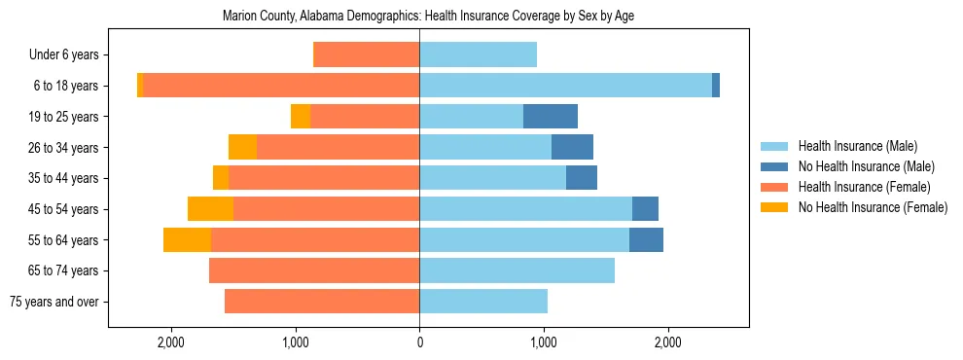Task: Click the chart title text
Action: pyautogui.click(x=428, y=17)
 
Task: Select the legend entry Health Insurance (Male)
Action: pyautogui.click(x=857, y=147)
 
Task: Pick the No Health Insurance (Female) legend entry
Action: pyautogui.click(x=873, y=207)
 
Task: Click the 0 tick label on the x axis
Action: pyautogui.click(x=419, y=342)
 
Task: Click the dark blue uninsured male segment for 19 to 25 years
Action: pyautogui.click(x=551, y=117)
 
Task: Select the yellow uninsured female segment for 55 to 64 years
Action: pyautogui.click(x=187, y=239)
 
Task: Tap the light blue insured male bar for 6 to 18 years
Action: pyautogui.click(x=565, y=86)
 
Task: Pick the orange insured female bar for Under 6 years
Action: pyautogui.click(x=366, y=55)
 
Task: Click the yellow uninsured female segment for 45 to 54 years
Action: pyautogui.click(x=210, y=209)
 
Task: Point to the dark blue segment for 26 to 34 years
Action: pyautogui.click(x=572, y=147)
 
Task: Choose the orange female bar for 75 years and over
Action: pyautogui.click(x=322, y=302)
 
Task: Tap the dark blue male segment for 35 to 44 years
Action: pyautogui.click(x=582, y=178)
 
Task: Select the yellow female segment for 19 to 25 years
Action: pyautogui.click(x=301, y=117)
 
